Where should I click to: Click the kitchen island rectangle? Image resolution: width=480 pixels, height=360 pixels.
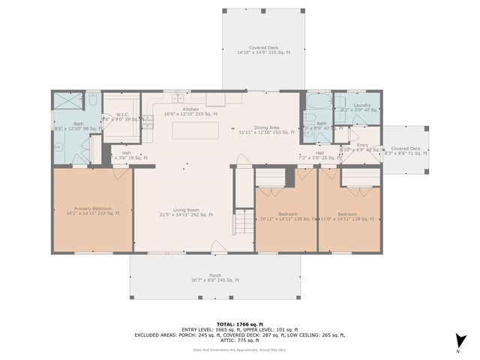click(195, 130)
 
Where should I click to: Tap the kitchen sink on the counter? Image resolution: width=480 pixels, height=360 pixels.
click(178, 98)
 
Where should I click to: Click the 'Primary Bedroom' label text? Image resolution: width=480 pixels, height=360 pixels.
click(92, 208)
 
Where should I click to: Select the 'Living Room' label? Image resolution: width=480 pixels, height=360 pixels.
click(185, 210)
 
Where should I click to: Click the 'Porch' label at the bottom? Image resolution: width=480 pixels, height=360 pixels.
click(214, 275)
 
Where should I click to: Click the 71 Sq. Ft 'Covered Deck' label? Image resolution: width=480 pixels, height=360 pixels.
click(405, 148)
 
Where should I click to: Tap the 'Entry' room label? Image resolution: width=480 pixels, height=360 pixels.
click(362, 145)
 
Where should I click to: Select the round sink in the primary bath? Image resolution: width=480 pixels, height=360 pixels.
click(57, 148)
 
